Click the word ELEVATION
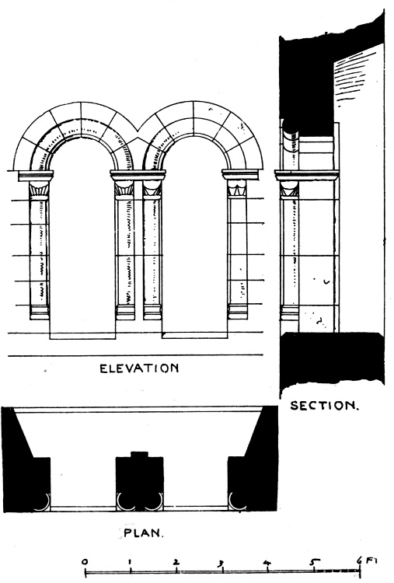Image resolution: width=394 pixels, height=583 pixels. pyautogui.click(x=139, y=368)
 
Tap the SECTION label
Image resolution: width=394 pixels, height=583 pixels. pyautogui.click(x=325, y=405)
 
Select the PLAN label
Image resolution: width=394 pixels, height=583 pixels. pyautogui.click(x=143, y=532)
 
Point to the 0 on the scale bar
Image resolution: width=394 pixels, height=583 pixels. pyautogui.click(x=85, y=561)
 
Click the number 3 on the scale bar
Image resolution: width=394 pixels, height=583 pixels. pyautogui.click(x=221, y=564)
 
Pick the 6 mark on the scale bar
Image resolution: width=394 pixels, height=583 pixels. pyautogui.click(x=359, y=560)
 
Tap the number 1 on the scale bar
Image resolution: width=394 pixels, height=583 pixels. pyautogui.click(x=131, y=562)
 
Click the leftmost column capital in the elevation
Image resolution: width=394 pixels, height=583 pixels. pyautogui.click(x=39, y=190)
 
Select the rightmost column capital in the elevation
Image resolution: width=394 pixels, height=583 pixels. pyautogui.click(x=237, y=189)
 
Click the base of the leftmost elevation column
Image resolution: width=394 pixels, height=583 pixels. pyautogui.click(x=40, y=312)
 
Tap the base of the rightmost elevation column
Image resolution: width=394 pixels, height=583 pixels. pyautogui.click(x=238, y=312)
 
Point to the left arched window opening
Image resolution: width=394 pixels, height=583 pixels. pyautogui.click(x=82, y=238)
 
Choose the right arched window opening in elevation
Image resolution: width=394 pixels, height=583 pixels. pyautogui.click(x=194, y=237)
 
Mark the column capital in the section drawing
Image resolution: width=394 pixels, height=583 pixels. pyautogui.click(x=289, y=189)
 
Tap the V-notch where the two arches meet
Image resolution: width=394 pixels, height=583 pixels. pyautogui.click(x=138, y=131)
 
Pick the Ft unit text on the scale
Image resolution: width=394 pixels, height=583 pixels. pyautogui.click(x=371, y=560)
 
